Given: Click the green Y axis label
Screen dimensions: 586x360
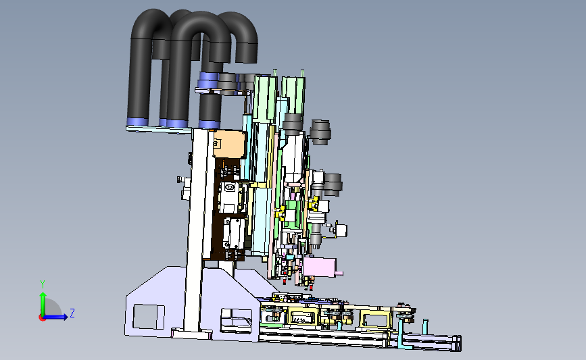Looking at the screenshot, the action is [42, 284].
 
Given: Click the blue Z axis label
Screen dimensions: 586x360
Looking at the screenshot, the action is [72, 313].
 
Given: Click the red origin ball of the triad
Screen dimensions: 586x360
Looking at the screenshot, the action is [42, 317].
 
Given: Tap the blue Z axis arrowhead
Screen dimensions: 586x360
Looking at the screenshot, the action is [65, 317].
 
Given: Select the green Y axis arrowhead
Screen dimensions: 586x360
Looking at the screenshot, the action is [43, 295].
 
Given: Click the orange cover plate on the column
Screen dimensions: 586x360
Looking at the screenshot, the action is [229, 144].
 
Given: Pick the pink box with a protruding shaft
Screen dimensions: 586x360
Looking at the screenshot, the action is [320, 267].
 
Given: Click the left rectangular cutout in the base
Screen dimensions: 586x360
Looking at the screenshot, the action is [149, 317].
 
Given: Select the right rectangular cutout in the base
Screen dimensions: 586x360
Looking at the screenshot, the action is [236, 319].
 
